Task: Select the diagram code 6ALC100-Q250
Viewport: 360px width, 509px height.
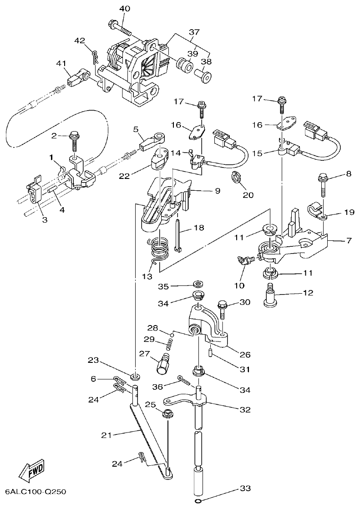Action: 36,492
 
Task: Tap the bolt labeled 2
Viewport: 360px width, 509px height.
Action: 73,143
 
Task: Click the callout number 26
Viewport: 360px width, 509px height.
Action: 245,354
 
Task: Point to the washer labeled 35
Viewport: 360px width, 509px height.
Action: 198,285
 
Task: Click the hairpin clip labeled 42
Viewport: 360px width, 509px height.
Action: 94,57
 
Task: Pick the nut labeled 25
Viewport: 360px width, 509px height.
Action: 167,413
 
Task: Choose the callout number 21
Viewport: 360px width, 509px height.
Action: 106,435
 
